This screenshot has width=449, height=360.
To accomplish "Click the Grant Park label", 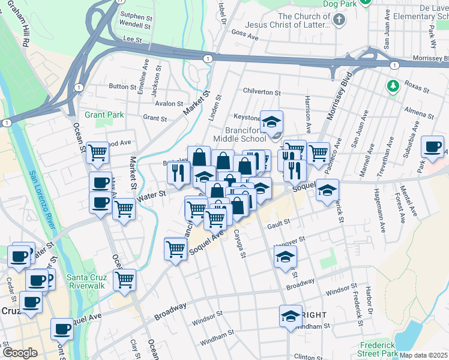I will [104, 114].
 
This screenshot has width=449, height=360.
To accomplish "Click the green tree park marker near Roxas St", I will [393, 86].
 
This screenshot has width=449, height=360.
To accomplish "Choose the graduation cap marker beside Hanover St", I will [285, 257].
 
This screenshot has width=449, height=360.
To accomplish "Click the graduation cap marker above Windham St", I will [291, 316].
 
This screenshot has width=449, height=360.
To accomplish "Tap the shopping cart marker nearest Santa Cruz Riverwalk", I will [124, 278].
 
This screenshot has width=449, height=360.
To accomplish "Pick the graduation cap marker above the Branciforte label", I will [271, 121].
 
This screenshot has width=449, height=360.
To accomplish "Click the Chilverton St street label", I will [262, 92].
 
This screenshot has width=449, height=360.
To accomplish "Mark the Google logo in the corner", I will [20, 353].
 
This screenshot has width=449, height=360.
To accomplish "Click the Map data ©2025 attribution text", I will [423, 355].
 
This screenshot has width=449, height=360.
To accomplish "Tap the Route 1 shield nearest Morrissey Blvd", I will [394, 65].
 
